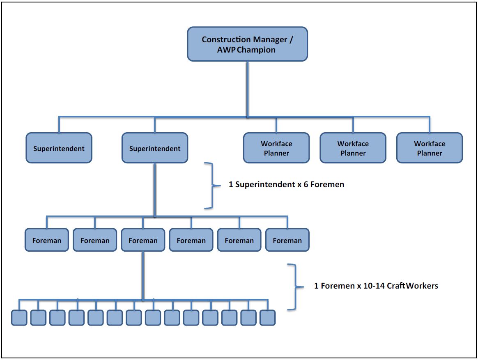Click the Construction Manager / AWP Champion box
click(x=247, y=44)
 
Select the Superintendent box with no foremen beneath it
click(x=59, y=148)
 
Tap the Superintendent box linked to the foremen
click(x=154, y=148)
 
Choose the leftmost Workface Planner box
click(x=276, y=148)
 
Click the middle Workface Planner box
click(x=353, y=148)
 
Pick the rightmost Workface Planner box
click(x=429, y=148)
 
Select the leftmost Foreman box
click(x=46, y=240)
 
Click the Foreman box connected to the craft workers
click(x=143, y=240)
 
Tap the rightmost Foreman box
click(x=287, y=240)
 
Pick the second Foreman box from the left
click(x=94, y=240)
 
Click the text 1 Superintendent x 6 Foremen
click(x=286, y=185)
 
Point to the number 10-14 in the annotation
click(x=374, y=286)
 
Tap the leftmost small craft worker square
click(x=19, y=318)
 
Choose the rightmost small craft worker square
click(x=267, y=318)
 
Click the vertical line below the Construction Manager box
click(x=247, y=88)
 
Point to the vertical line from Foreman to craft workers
click(x=143, y=275)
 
